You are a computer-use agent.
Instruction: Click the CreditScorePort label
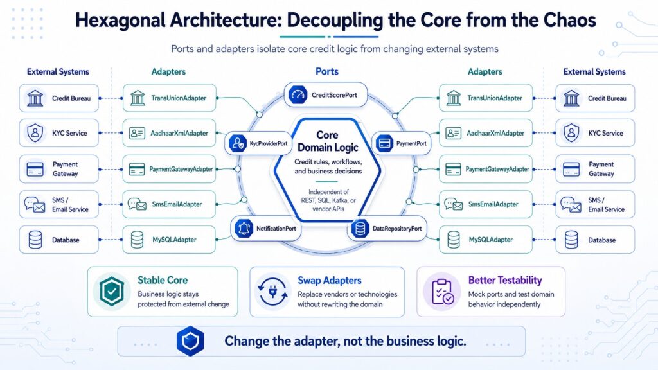(334, 95)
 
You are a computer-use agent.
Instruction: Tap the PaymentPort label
(411, 143)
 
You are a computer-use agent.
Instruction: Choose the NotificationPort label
(276, 229)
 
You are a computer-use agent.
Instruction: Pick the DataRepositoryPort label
(397, 229)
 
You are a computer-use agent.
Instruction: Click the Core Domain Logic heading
(328, 141)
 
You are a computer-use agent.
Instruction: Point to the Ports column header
(327, 72)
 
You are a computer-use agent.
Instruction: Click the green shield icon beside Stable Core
(112, 291)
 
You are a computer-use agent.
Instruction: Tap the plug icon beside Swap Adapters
(272, 291)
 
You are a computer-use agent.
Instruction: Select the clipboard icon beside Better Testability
(441, 291)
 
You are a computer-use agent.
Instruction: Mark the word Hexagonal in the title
(120, 21)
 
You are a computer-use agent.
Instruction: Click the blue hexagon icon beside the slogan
(190, 340)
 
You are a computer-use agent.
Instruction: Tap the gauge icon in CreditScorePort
(298, 95)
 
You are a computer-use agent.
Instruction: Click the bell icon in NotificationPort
(244, 229)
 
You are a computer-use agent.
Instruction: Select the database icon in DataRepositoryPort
(360, 229)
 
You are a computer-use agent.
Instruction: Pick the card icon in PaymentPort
(384, 143)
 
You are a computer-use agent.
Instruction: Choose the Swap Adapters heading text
(330, 280)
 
